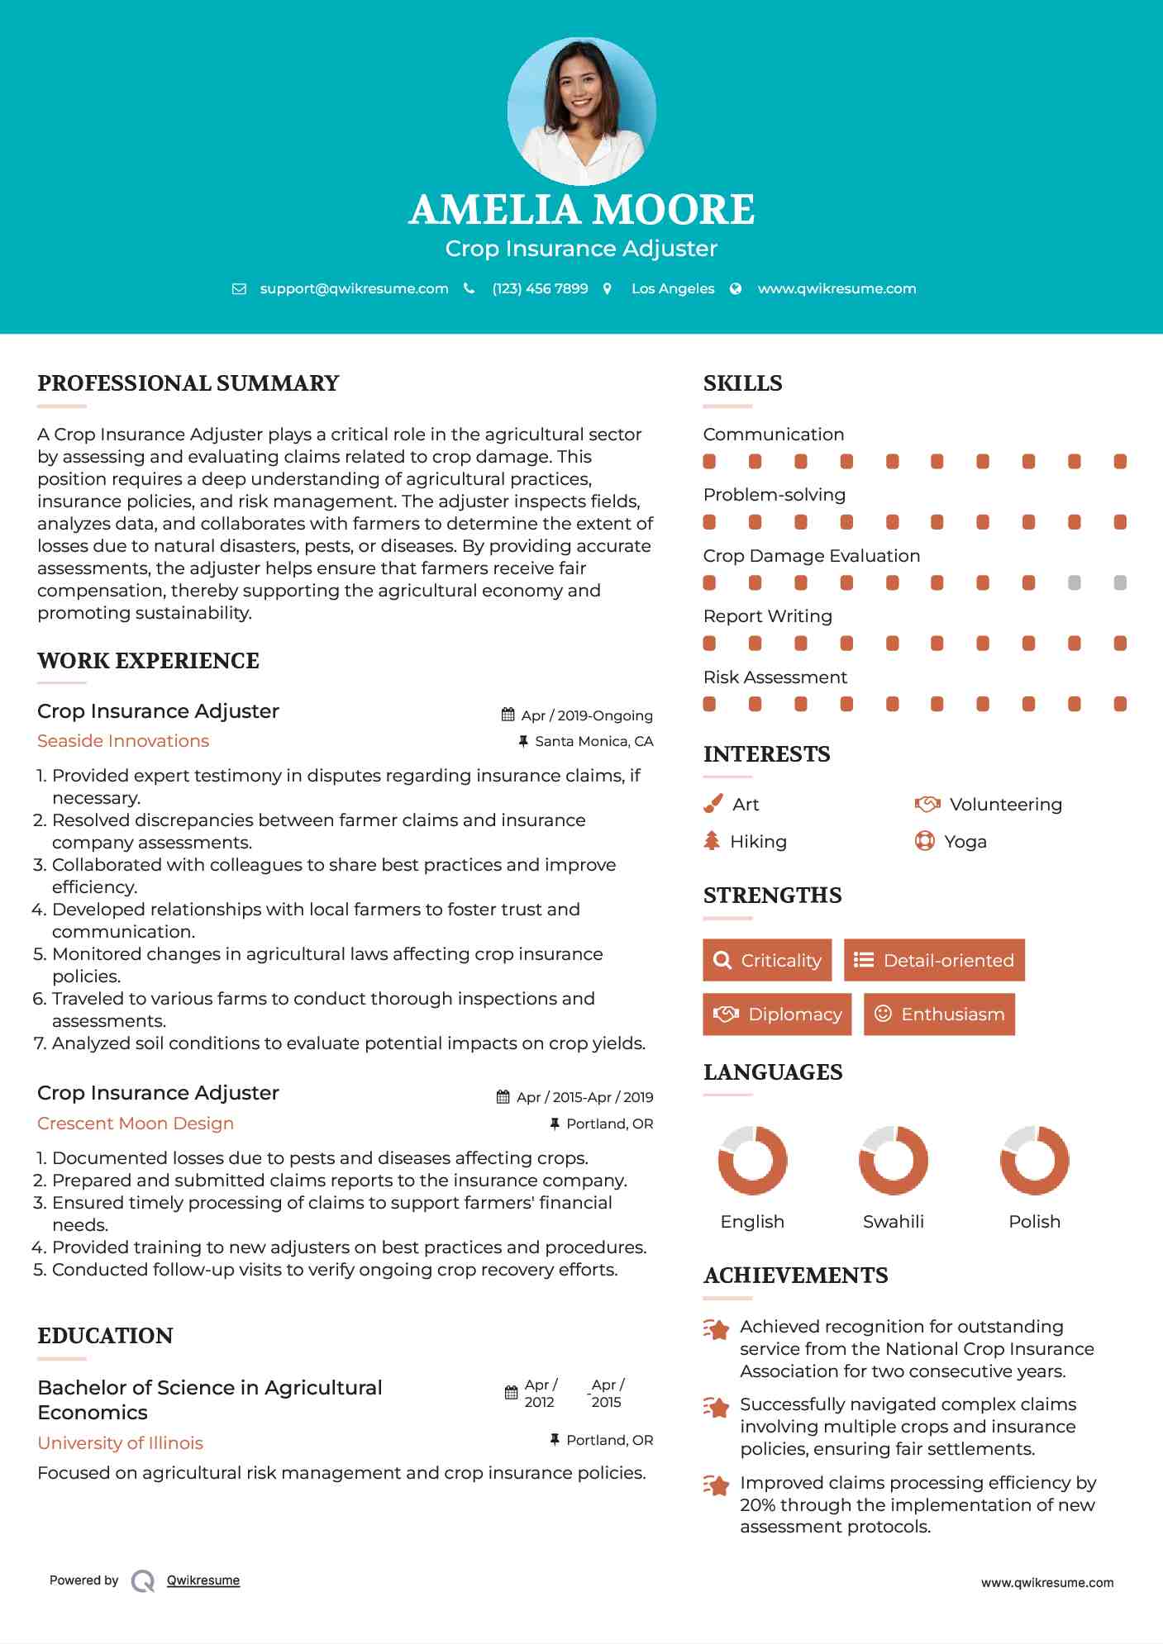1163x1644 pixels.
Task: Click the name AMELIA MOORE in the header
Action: click(x=581, y=210)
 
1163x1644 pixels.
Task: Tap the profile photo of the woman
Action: click(x=581, y=112)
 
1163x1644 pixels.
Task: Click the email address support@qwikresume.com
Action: click(x=354, y=288)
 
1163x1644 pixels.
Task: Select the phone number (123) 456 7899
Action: click(x=540, y=288)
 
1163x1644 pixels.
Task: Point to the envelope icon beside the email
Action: click(x=239, y=289)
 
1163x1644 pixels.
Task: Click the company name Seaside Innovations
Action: click(x=123, y=741)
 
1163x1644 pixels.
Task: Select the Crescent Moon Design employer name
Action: click(x=136, y=1124)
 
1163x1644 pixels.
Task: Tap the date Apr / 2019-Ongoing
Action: click(x=587, y=715)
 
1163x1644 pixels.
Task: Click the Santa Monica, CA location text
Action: click(x=593, y=741)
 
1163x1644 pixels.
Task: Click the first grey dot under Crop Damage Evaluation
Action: click(x=1074, y=582)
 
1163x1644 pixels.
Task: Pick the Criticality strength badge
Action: click(x=767, y=960)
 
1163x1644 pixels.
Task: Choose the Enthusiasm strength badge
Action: click(x=939, y=1014)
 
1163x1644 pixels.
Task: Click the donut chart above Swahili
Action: click(x=893, y=1160)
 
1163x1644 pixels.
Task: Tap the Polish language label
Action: click(x=1034, y=1221)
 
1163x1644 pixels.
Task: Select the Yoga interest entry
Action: click(x=965, y=841)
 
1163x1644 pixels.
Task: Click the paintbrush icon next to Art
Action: click(x=713, y=804)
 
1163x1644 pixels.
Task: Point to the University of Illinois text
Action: click(x=121, y=1442)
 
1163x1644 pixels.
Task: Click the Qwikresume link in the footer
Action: click(x=203, y=1580)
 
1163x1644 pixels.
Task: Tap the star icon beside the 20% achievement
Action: click(x=716, y=1485)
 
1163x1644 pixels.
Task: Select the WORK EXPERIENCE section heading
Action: click(x=149, y=661)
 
